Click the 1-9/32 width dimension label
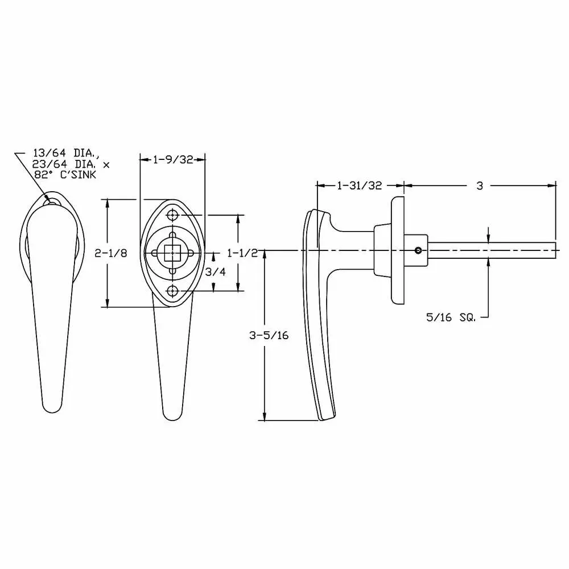[173, 160]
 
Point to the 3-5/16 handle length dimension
[269, 335]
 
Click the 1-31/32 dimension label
[359, 185]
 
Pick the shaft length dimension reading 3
[480, 185]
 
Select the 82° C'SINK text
[71, 175]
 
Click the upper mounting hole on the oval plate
[173, 216]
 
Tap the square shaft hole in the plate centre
[172, 253]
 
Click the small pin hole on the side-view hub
[418, 250]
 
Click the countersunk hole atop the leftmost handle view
[52, 200]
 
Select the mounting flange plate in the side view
[397, 250]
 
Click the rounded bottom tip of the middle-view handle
[172, 415]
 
